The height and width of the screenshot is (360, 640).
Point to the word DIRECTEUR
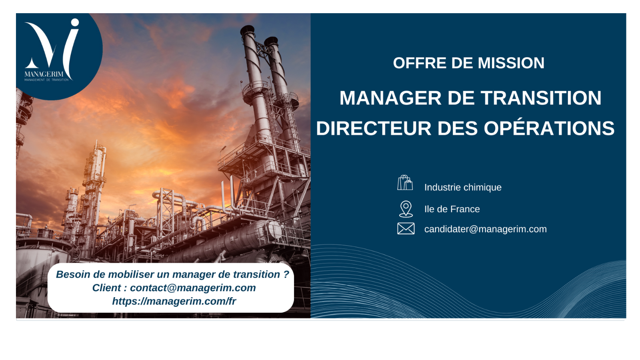374,128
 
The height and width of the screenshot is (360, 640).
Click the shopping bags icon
405,183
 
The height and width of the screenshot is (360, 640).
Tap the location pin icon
406,209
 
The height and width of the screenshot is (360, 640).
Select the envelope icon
406,228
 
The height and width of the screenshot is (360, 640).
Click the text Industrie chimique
463,188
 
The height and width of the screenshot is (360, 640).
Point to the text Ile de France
452,209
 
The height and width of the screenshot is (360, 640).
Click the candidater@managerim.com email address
486,229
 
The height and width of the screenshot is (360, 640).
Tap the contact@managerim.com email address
193,288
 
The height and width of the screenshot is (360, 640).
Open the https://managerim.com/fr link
174,301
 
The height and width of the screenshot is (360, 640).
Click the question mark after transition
286,274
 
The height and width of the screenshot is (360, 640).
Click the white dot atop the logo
75,22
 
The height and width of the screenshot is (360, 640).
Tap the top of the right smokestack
271,41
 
